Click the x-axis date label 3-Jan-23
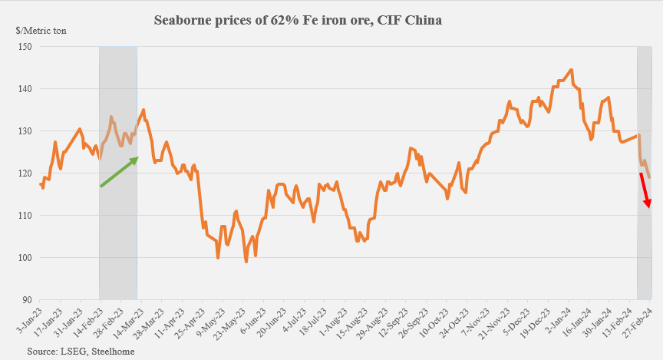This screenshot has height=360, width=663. [28, 323]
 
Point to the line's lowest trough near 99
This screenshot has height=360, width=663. [246, 262]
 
